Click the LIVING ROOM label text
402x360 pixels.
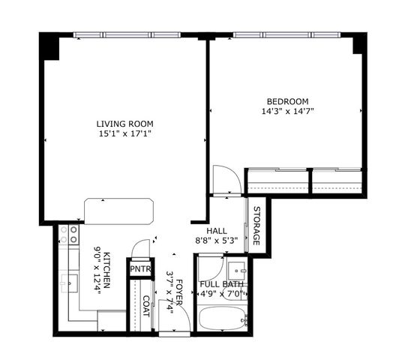(x=124, y=124)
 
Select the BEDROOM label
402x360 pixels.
(x=287, y=101)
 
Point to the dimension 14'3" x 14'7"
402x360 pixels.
(x=287, y=112)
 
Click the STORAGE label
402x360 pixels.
(x=256, y=225)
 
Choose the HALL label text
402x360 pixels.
(x=217, y=231)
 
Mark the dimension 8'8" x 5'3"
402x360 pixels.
(x=217, y=241)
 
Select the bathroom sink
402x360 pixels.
(x=238, y=269)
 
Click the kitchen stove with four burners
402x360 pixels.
(x=69, y=235)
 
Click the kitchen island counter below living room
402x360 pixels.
(x=118, y=210)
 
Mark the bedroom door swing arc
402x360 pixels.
(x=226, y=181)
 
